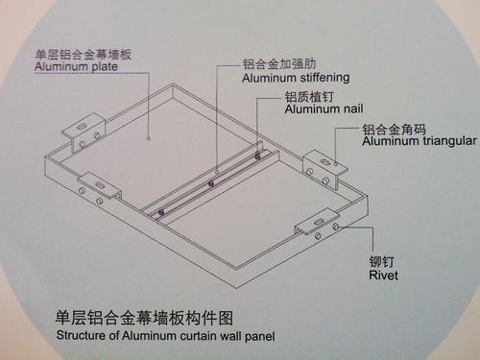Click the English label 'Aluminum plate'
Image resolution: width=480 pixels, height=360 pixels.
75,68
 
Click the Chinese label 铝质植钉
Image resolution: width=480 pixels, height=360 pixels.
308,97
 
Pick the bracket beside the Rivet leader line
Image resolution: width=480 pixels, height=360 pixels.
317,224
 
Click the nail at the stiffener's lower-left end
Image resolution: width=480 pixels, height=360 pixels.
162,212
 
